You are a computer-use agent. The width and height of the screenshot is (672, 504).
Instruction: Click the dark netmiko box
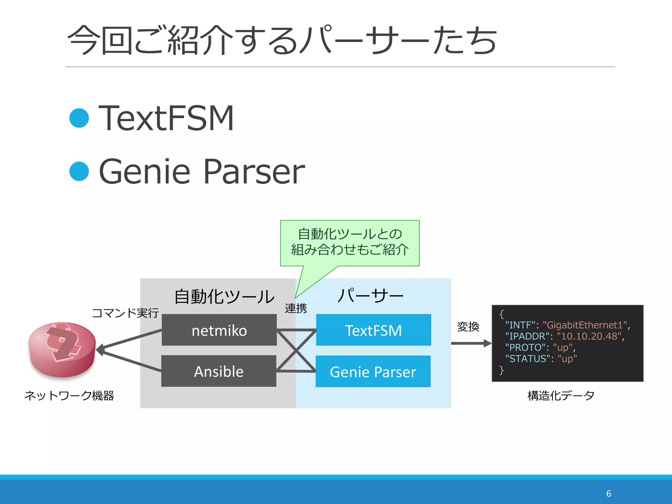tap(219, 330)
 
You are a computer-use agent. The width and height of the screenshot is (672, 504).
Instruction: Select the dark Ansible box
tap(219, 371)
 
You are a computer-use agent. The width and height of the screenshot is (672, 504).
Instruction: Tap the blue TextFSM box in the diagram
tap(373, 330)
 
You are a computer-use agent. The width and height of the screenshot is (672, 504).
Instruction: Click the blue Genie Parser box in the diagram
tap(373, 371)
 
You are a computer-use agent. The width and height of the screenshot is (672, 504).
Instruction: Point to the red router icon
tap(62, 349)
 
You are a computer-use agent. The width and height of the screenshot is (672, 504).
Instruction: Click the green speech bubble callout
tap(350, 243)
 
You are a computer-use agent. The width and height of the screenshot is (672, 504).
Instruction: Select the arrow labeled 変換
tap(471, 344)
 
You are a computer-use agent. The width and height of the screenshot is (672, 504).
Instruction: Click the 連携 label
tap(296, 308)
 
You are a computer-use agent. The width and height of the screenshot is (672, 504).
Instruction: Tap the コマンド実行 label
tap(125, 313)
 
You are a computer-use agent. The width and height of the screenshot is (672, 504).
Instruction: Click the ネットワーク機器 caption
tap(69, 396)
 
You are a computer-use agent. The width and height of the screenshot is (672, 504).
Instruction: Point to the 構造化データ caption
tap(561, 396)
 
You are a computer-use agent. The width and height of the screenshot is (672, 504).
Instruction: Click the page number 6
tap(609, 493)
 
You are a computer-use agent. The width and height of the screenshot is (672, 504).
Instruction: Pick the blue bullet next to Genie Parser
tap(79, 171)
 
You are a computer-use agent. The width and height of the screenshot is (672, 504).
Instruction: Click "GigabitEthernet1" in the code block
tap(585, 325)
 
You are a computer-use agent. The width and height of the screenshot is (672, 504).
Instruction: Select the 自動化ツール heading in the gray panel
tap(224, 296)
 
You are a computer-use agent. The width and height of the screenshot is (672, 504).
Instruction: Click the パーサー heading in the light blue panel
tap(370, 296)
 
